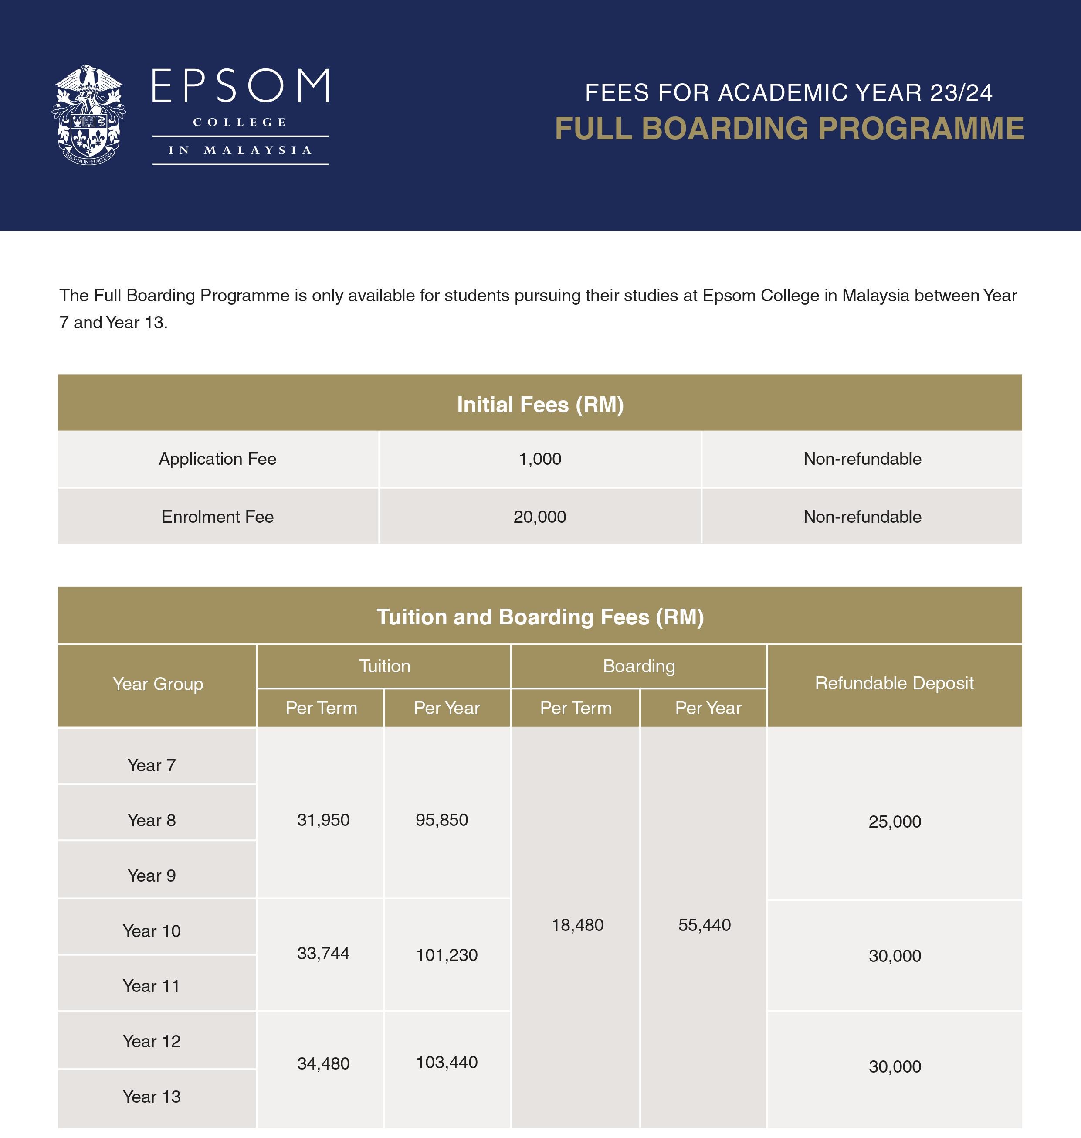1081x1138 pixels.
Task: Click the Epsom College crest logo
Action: (x=89, y=112)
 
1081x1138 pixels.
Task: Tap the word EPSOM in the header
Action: (x=240, y=86)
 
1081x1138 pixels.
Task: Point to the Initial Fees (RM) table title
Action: (x=540, y=405)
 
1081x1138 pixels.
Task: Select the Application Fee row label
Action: (x=217, y=459)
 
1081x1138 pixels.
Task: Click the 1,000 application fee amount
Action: (x=540, y=459)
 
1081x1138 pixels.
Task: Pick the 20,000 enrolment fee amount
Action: (x=540, y=517)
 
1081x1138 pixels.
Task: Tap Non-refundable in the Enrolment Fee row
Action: (x=862, y=517)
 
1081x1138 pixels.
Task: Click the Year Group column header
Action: (x=158, y=684)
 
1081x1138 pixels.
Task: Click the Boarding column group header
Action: (x=638, y=666)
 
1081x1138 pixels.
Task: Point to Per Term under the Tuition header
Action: (x=321, y=708)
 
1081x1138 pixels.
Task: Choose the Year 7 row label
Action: (x=152, y=765)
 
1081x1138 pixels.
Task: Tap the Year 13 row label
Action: (x=152, y=1097)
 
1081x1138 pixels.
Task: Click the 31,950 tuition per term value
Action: (x=323, y=820)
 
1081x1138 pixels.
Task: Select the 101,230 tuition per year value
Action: (x=447, y=955)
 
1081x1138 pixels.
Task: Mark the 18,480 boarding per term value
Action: (x=577, y=925)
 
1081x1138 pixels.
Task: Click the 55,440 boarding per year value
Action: (x=704, y=925)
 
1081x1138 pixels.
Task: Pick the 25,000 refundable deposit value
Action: (x=895, y=821)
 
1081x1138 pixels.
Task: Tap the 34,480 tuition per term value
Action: (x=323, y=1063)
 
